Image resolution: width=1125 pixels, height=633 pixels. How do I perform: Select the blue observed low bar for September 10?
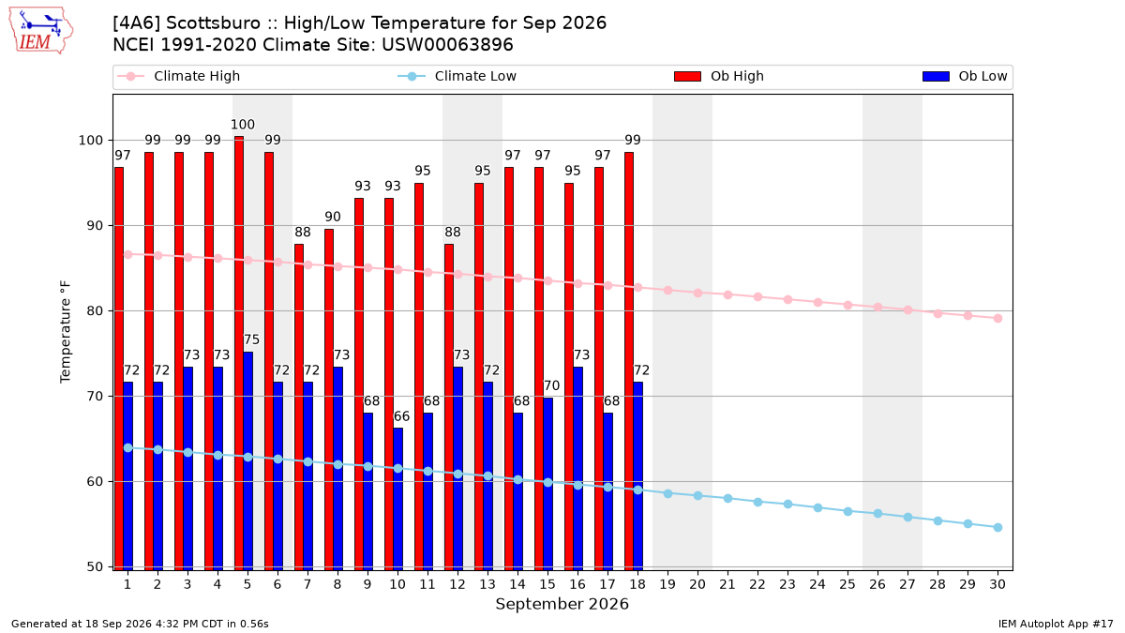397,499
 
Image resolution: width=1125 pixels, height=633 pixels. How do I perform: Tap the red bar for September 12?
449,407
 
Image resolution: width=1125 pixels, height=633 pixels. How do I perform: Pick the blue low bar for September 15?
547,484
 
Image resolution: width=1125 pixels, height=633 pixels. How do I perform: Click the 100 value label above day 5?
243,124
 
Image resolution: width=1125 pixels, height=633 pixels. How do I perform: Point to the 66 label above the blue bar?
401,416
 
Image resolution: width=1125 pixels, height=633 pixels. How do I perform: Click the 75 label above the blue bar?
251,339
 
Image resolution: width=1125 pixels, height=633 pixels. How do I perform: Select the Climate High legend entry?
178,76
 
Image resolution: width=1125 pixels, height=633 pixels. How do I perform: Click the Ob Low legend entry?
965,76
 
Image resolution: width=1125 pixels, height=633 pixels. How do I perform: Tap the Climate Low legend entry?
457,76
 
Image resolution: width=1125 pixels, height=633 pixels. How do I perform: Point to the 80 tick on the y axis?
95,311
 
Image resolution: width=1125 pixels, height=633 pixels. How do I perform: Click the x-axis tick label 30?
997,584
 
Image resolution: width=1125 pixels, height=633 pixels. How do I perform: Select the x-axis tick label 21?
727,584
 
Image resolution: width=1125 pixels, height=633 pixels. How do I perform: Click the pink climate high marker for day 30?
997,318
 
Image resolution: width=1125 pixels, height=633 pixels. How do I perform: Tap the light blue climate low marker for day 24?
817,508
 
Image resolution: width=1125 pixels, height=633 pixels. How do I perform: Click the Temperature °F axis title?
66,332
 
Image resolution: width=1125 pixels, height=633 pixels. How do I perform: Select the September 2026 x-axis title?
562,604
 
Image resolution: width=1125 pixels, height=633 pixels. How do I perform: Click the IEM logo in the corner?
40,31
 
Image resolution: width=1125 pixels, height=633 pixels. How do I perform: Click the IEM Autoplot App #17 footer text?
1056,624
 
